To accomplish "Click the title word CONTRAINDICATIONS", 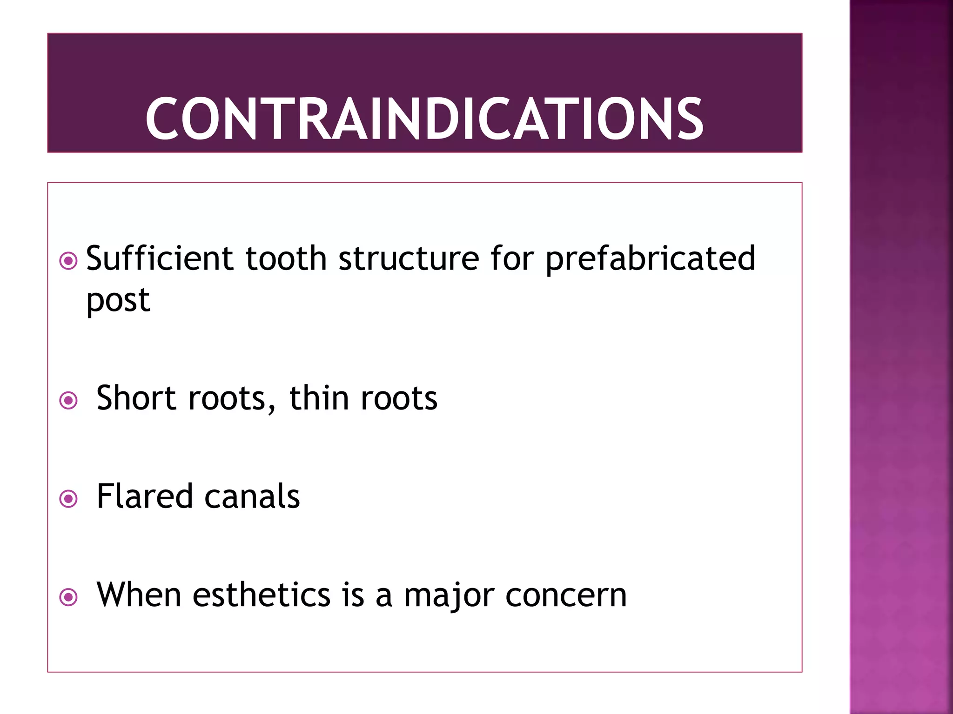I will tap(424, 119).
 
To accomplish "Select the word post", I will tap(118, 300).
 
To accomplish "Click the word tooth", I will tap(286, 258).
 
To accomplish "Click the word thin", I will tap(319, 398).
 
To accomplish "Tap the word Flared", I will tap(144, 496).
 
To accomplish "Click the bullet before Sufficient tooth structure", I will tap(68, 261).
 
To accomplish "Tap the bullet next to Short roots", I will tap(68, 400).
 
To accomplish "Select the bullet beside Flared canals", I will tap(68, 499).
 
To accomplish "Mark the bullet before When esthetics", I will tap(68, 597).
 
